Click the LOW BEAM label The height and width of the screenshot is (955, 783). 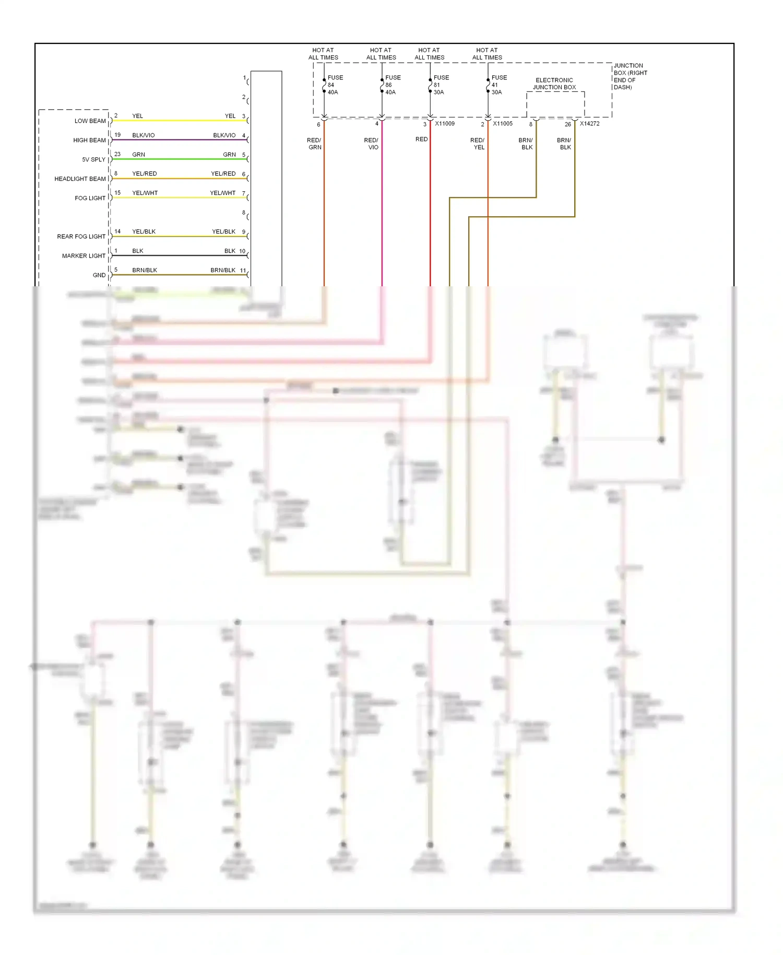(x=90, y=121)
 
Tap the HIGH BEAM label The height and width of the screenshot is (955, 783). (x=89, y=140)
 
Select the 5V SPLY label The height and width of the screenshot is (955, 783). (x=93, y=159)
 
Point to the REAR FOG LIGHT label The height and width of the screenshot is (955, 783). (x=81, y=237)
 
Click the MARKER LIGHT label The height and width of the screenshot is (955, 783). (x=84, y=256)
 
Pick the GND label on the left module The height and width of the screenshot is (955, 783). (x=99, y=275)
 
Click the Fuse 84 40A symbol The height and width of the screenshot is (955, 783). (x=324, y=85)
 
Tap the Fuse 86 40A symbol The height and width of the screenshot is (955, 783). (x=382, y=85)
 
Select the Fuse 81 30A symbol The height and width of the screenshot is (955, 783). (x=430, y=85)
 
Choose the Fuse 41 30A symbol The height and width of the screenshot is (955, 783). (x=488, y=85)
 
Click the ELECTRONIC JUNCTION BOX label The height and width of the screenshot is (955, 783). (x=554, y=84)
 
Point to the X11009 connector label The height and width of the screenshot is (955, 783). (x=445, y=124)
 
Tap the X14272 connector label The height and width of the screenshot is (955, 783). (x=589, y=124)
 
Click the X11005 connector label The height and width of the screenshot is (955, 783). (x=503, y=124)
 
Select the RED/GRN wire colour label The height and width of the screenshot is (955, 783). (x=314, y=144)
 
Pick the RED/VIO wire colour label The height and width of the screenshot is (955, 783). (x=371, y=144)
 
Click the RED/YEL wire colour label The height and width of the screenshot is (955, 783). (x=478, y=144)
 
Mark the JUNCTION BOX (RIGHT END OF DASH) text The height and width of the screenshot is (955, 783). (x=630, y=76)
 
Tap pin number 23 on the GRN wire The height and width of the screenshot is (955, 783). (x=117, y=154)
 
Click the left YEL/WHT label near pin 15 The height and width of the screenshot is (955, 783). (x=145, y=193)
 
